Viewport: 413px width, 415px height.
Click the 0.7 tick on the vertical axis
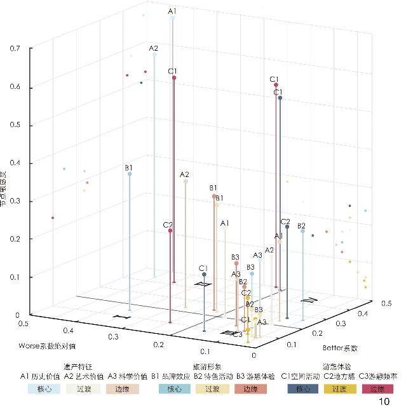[14, 48]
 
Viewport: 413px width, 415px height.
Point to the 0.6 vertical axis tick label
[14, 86]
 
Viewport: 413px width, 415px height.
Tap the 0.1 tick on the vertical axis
[14, 277]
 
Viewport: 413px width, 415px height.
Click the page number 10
[384, 402]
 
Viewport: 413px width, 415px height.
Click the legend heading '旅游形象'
[207, 367]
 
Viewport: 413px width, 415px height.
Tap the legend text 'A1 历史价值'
[40, 376]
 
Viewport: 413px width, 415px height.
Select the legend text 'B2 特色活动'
[213, 376]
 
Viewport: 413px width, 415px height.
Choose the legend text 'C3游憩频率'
[379, 376]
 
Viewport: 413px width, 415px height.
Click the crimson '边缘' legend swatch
[378, 388]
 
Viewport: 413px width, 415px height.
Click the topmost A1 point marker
[172, 19]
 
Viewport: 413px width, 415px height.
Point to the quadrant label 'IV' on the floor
[309, 299]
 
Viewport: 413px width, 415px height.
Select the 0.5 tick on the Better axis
[386, 304]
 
